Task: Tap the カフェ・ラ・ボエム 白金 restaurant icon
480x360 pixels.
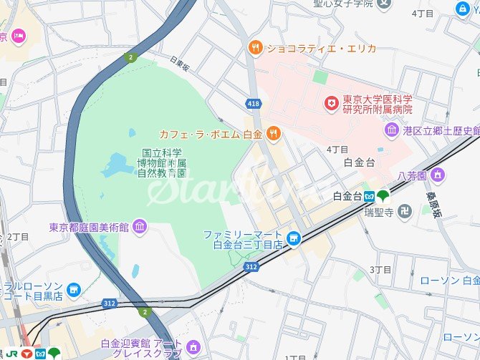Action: (x=272, y=133)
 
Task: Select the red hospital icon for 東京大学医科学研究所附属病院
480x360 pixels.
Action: (x=331, y=104)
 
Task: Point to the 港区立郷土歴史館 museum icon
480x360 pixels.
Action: (x=392, y=130)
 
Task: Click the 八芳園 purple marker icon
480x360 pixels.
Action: (x=437, y=175)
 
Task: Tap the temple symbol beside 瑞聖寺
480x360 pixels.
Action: (x=405, y=211)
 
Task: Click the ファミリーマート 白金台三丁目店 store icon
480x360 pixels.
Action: (x=292, y=238)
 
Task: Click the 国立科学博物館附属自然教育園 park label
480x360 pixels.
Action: (x=163, y=162)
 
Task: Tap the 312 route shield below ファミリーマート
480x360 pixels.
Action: (x=251, y=266)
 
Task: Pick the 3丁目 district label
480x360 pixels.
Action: (x=380, y=269)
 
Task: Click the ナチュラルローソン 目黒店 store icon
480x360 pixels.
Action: (x=74, y=289)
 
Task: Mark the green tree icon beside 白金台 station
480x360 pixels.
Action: (x=383, y=195)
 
